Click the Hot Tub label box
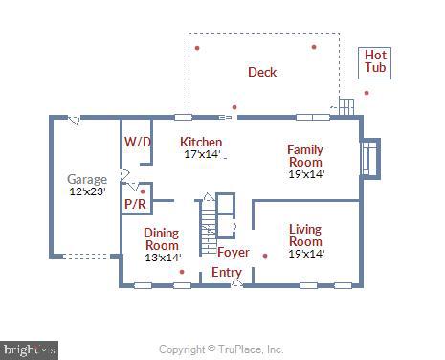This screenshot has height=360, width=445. (x=375, y=62)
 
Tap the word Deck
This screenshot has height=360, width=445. (x=262, y=72)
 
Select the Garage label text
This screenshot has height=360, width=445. (x=87, y=179)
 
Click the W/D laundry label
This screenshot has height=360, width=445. (x=138, y=142)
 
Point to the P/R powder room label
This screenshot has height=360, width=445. (x=135, y=204)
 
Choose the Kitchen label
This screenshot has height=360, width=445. (x=201, y=142)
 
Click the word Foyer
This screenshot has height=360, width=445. (x=233, y=253)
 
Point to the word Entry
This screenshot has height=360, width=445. (x=227, y=273)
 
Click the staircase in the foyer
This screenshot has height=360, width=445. (x=209, y=226)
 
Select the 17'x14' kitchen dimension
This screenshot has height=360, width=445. (x=202, y=153)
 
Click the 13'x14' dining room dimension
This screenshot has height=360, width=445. (x=162, y=257)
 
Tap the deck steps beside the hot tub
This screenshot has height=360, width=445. (x=344, y=106)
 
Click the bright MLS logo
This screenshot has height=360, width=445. (x=29, y=350)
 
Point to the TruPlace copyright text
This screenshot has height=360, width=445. (x=221, y=349)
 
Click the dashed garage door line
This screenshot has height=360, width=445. (x=91, y=256)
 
